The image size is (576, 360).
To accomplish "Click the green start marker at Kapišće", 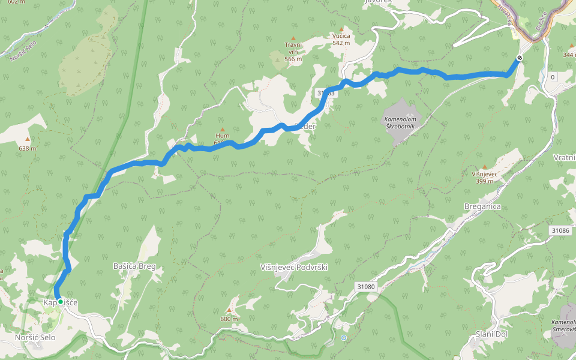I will pos(60,301).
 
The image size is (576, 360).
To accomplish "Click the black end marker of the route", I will pos(519,58).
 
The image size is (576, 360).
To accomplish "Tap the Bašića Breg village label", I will pos(138,265).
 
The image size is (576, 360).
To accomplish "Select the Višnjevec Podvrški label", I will pos(294,267).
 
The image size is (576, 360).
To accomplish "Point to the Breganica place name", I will pos(482,206).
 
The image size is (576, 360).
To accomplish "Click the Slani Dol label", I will pos(492,334).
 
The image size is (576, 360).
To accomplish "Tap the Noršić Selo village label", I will pos(35,338).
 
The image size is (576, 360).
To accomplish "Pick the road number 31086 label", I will pos(560,230).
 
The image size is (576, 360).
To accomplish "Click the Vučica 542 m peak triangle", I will pos(341,29).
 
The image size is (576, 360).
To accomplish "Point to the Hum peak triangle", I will pos(222,130).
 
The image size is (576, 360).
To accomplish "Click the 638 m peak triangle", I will pos(27,139).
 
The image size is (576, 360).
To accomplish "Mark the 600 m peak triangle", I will pos(229,310).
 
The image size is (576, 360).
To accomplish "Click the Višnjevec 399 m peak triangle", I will pos(484,167).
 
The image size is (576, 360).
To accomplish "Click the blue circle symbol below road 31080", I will pos(343,338).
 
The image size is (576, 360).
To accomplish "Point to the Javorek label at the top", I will pos(378,2).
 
